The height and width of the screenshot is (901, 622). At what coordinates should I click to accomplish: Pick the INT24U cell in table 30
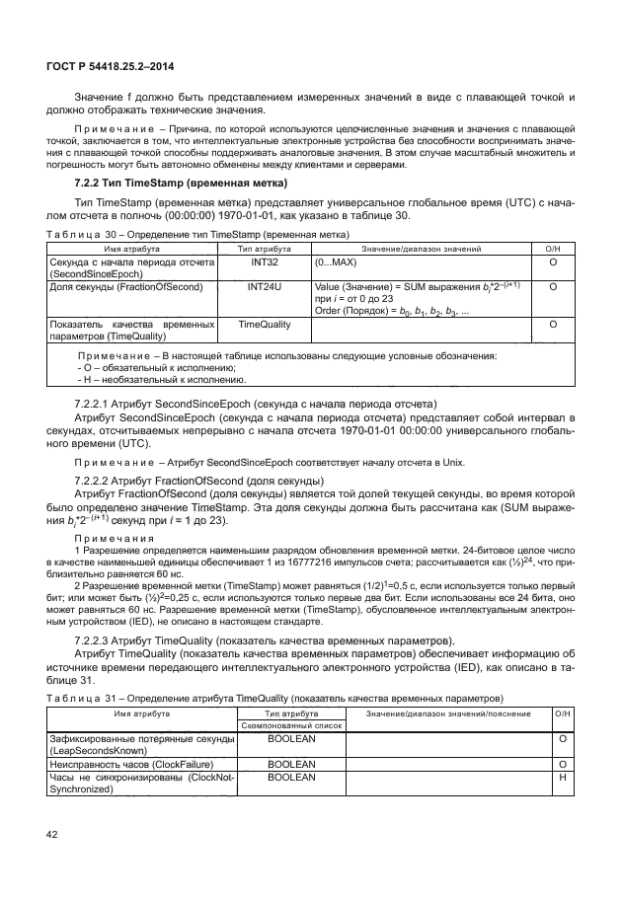[x=268, y=287]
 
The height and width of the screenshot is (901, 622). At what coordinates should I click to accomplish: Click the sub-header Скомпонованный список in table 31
[x=289, y=724]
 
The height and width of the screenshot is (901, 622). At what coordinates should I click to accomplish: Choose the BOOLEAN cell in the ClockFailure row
[x=291, y=764]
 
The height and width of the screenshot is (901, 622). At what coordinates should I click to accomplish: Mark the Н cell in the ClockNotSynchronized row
[x=561, y=777]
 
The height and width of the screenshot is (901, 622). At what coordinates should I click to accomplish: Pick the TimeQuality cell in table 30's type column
[x=268, y=323]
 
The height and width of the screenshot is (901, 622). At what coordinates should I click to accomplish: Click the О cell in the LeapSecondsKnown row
[x=561, y=738]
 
